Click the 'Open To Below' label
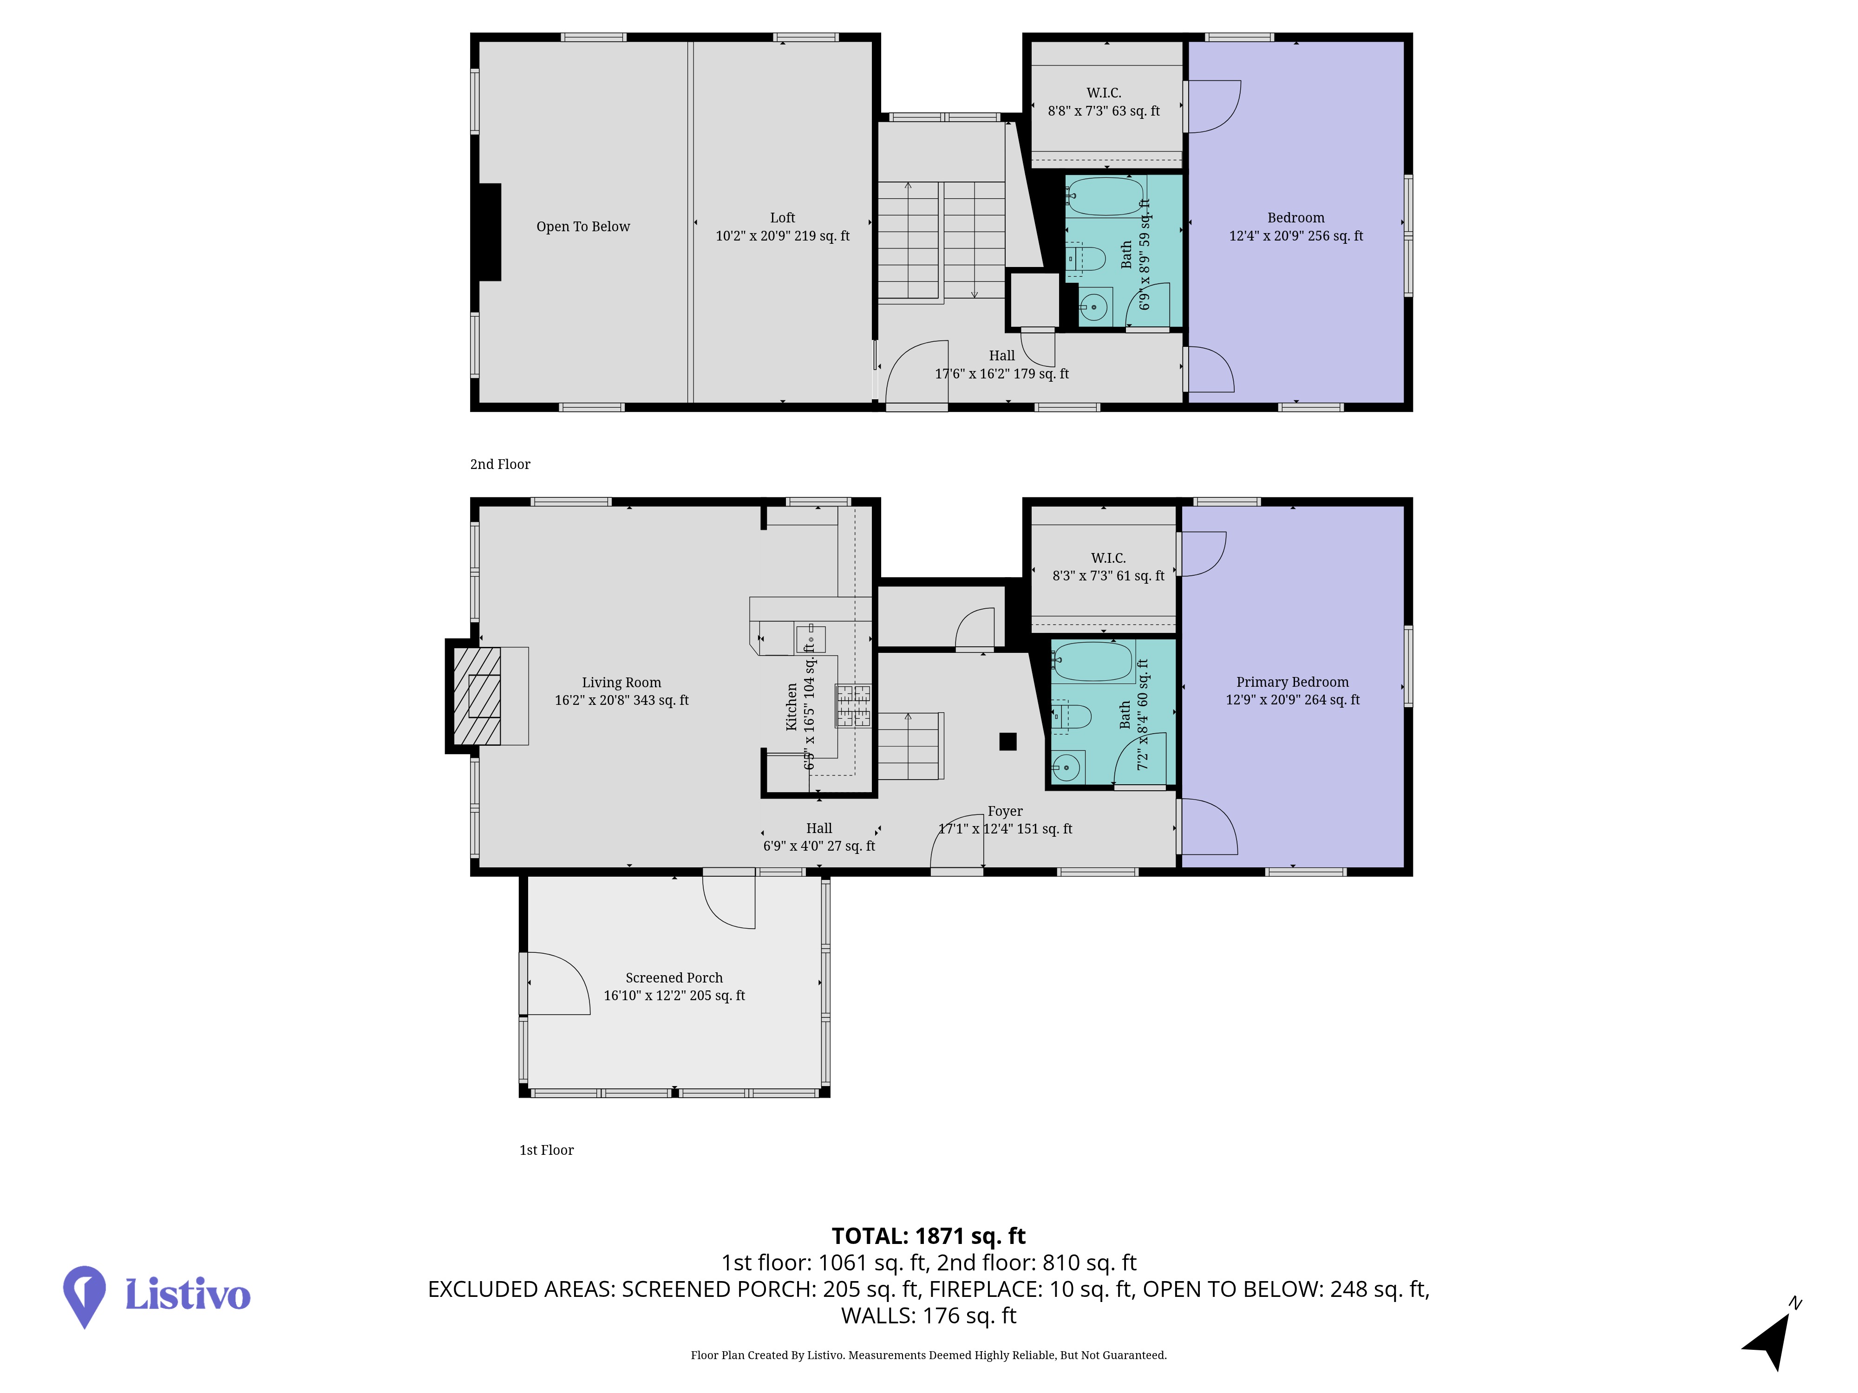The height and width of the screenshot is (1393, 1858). [x=583, y=227]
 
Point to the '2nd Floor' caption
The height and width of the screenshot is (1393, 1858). [x=501, y=464]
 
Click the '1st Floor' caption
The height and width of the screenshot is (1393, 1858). [x=547, y=1150]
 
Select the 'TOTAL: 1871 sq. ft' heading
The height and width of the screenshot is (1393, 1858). [x=929, y=1236]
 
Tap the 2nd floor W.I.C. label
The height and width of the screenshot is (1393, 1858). [x=1104, y=102]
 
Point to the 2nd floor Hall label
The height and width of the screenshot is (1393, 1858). [x=1002, y=365]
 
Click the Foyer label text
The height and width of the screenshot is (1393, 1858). [x=1006, y=811]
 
